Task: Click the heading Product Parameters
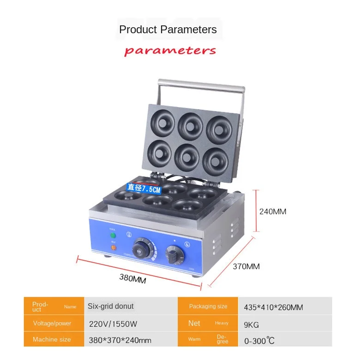click(168, 30)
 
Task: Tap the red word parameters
click(170, 50)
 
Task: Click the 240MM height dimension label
click(273, 212)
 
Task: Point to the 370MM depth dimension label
click(246, 266)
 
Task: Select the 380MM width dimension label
click(133, 278)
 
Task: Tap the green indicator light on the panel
click(112, 236)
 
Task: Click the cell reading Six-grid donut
click(111, 306)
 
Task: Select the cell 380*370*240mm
click(120, 340)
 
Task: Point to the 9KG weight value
click(252, 324)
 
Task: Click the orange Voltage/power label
click(52, 324)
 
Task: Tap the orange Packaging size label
click(208, 306)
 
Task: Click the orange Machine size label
click(52, 340)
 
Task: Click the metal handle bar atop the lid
click(201, 84)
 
